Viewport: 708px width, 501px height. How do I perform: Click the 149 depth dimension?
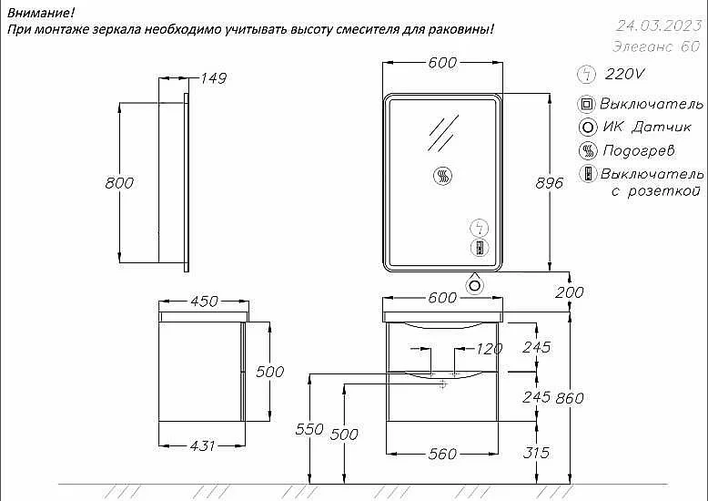(213, 78)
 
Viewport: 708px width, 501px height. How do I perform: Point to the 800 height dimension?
(119, 183)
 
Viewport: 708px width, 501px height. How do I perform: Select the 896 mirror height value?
(549, 183)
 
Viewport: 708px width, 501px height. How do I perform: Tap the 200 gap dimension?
(570, 292)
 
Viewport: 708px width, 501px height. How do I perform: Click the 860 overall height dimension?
(570, 398)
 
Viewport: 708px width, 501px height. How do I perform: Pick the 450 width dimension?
(204, 302)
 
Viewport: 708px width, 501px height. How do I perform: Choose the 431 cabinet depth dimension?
(202, 445)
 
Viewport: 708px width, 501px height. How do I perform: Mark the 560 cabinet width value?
(442, 454)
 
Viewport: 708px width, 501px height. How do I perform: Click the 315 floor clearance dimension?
(536, 453)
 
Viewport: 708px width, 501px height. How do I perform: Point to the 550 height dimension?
(309, 429)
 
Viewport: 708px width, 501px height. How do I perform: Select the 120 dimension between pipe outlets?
(490, 349)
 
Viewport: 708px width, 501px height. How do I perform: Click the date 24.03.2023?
(659, 26)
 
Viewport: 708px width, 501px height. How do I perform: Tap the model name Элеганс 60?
(656, 46)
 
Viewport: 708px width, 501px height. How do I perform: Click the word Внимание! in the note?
(41, 13)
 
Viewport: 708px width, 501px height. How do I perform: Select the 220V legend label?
(625, 74)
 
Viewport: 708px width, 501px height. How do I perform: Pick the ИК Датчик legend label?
(647, 127)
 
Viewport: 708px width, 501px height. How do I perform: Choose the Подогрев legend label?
(639, 150)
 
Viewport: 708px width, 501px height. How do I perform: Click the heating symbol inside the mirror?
(442, 176)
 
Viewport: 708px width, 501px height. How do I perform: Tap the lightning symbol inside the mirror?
(480, 228)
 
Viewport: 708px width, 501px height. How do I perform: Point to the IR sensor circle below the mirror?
(475, 286)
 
